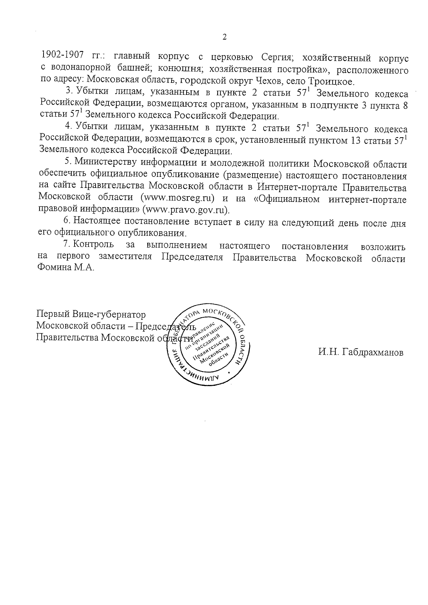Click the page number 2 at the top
(224, 37)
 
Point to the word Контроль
(93, 245)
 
